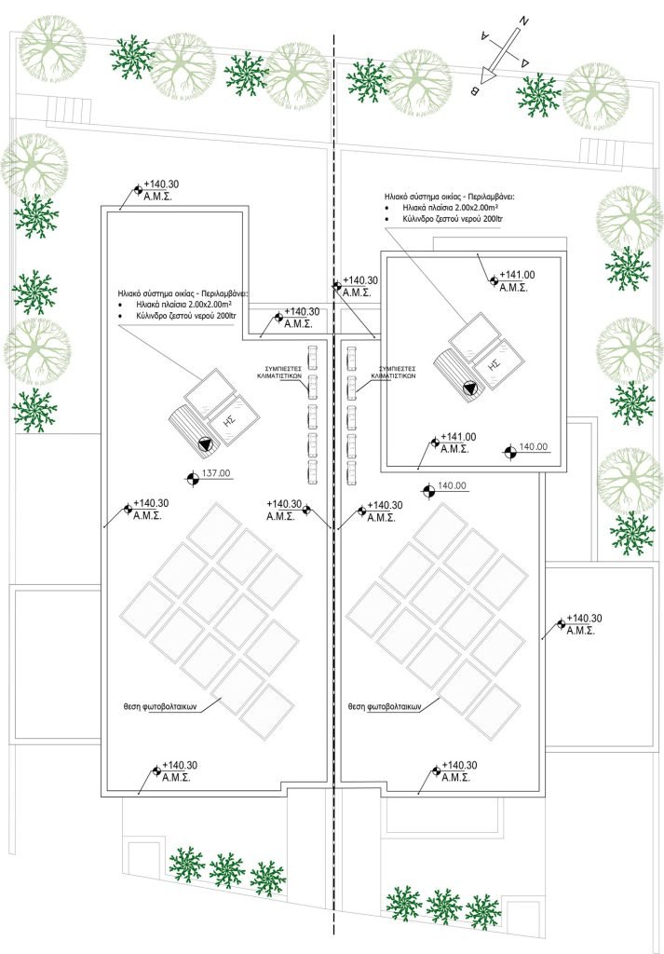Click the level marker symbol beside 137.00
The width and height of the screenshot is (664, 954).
191,479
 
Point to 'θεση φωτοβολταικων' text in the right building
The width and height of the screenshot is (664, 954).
385,706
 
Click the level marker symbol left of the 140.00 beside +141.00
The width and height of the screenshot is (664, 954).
508,454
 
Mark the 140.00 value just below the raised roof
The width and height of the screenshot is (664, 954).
451,486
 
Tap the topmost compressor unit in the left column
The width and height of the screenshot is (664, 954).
313,354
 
